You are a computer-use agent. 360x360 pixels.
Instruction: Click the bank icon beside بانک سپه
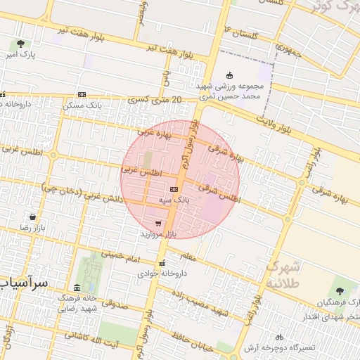click(x=174, y=190)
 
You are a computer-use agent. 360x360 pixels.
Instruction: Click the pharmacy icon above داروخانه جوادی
click(x=162, y=263)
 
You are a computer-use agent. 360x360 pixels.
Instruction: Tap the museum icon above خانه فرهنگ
click(x=77, y=288)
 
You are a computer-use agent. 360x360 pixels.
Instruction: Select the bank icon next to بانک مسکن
click(x=82, y=95)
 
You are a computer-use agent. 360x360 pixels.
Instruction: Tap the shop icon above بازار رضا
click(x=32, y=217)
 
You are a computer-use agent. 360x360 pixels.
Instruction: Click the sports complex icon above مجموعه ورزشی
click(x=229, y=76)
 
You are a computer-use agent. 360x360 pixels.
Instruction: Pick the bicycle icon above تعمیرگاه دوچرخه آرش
click(x=280, y=337)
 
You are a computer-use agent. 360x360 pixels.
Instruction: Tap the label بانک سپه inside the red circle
click(x=173, y=200)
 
